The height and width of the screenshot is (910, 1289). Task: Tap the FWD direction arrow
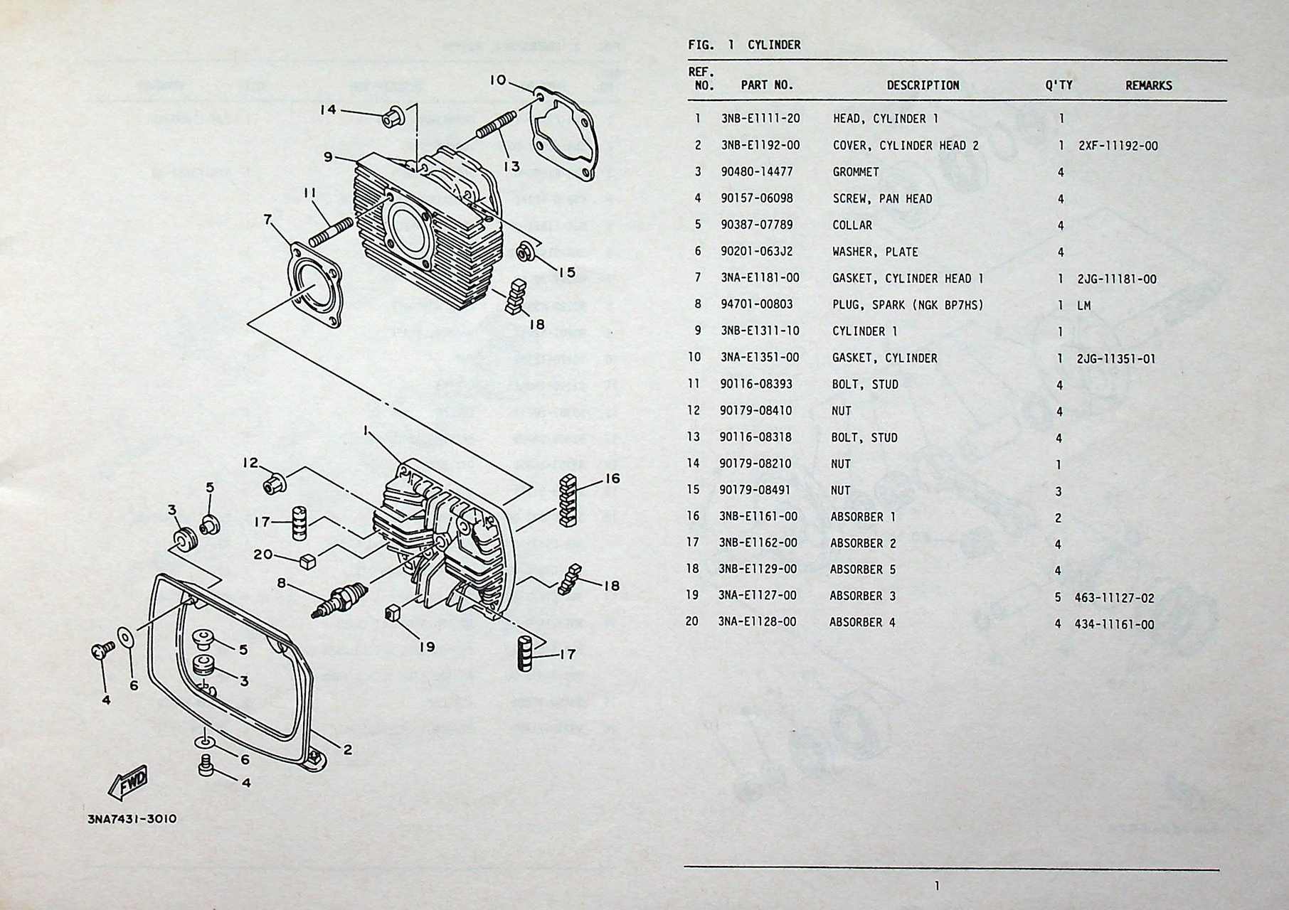129,781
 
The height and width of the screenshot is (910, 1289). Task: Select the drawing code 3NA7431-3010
132,818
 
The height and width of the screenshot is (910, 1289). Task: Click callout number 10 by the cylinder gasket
497,80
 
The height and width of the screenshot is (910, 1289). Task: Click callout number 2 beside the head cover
347,749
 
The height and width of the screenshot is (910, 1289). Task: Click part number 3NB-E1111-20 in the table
760,119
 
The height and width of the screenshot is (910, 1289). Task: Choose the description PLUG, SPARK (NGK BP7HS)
908,305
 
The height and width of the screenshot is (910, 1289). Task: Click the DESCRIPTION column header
923,85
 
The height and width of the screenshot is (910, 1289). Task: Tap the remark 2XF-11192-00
1118,146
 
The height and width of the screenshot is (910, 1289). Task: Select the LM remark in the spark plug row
1083,306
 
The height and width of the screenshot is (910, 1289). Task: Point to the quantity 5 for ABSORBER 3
1058,597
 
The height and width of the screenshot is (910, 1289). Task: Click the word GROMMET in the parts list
856,172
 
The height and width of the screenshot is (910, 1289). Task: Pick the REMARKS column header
1148,85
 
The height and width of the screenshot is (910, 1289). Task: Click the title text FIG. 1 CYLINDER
744,45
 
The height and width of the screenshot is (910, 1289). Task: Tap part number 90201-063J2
756,252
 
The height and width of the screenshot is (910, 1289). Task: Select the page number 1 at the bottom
937,886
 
